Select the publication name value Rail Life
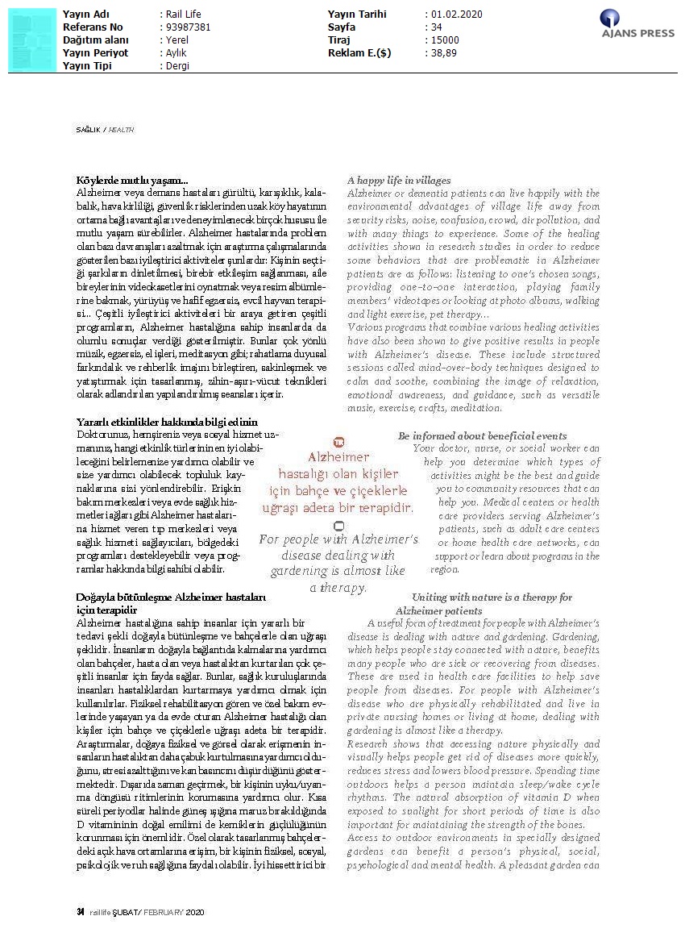click(x=182, y=15)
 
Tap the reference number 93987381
click(x=187, y=27)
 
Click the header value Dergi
click(x=177, y=66)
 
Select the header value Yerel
click(x=176, y=40)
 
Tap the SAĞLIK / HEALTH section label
click(x=105, y=130)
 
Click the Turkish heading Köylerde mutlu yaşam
click(x=132, y=181)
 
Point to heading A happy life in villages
click(x=399, y=181)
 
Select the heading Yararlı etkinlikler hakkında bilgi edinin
click(x=167, y=422)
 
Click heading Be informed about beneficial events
click(x=482, y=436)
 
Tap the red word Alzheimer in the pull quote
click(x=338, y=457)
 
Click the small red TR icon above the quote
click(x=338, y=442)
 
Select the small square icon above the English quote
click(x=338, y=525)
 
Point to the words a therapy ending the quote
click(x=338, y=588)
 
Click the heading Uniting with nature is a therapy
click(x=492, y=597)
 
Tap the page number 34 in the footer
click(x=81, y=912)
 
